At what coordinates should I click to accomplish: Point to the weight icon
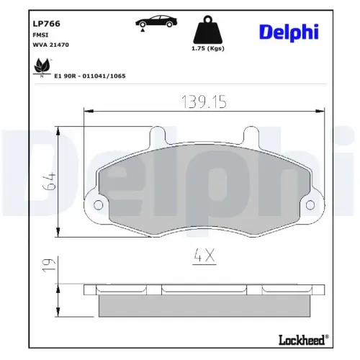point(210,30)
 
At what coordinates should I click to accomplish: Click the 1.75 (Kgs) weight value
point(210,48)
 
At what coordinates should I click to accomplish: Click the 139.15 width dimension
point(202,102)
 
